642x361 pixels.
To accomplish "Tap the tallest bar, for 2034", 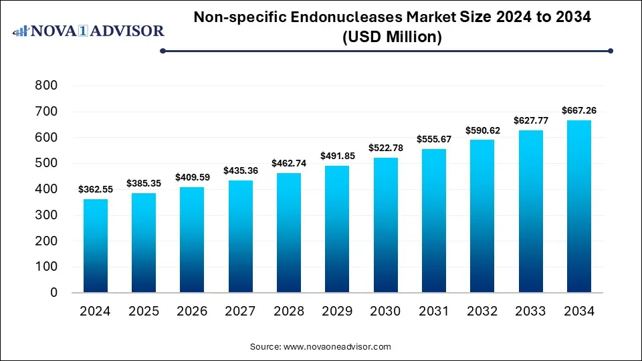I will coord(578,207).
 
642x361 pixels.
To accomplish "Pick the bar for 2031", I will coord(433,221).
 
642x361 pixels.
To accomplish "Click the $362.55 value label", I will coord(96,190).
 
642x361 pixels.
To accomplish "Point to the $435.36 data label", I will coord(240,171).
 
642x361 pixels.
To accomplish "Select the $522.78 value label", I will coord(385,148).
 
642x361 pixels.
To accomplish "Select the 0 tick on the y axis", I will coord(54,293).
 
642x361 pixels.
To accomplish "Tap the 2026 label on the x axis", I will coord(192,312).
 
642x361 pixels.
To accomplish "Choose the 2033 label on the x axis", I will coord(530,312).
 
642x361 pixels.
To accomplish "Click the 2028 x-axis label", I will coord(288,312).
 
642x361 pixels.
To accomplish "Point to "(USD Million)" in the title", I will coord(392,37).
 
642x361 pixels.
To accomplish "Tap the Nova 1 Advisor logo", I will coord(88,31).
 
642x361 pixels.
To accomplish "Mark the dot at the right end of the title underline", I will coord(610,50).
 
